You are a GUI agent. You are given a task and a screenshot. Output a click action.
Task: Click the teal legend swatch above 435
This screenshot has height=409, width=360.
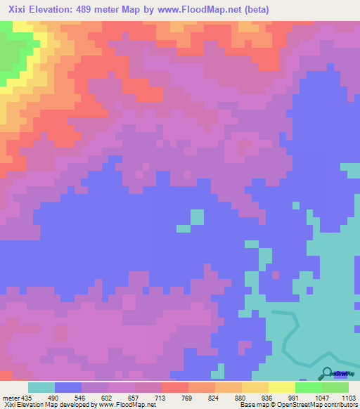(x=41, y=387)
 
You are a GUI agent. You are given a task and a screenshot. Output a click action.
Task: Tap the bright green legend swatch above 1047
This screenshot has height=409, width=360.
(x=309, y=387)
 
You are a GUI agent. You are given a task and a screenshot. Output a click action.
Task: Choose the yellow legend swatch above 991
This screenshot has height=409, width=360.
(x=282, y=387)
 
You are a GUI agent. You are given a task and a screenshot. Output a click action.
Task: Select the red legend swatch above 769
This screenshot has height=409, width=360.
(x=175, y=387)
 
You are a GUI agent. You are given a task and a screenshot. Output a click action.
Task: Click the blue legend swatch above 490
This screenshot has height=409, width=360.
(x=68, y=387)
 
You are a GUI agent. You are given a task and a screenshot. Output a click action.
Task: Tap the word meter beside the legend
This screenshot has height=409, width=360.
(x=11, y=397)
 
